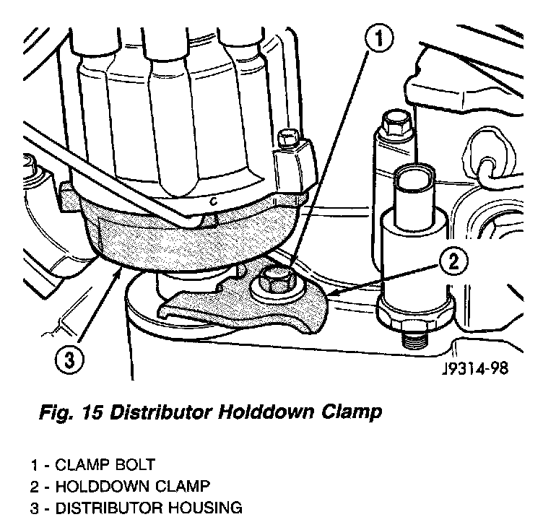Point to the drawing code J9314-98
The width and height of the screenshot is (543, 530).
click(474, 369)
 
